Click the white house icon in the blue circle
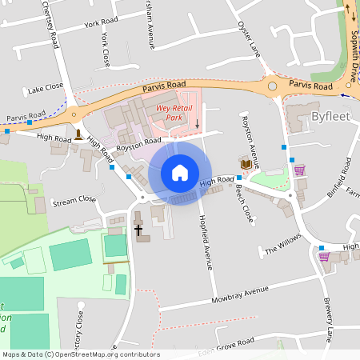180,172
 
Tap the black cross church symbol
138,230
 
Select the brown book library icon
246,163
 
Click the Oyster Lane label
250,39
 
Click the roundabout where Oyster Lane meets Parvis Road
273,86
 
